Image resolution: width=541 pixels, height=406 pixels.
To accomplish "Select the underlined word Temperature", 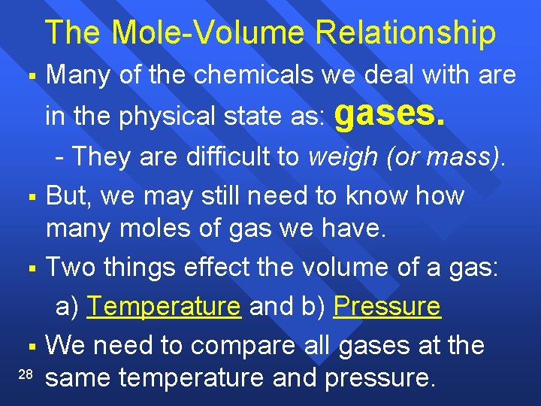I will click(163, 307).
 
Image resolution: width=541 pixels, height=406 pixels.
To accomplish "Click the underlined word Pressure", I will click(387, 307).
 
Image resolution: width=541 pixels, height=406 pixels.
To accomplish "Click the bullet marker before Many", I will click(31, 76).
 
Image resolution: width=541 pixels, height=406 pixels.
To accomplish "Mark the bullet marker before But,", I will click(31, 197).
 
